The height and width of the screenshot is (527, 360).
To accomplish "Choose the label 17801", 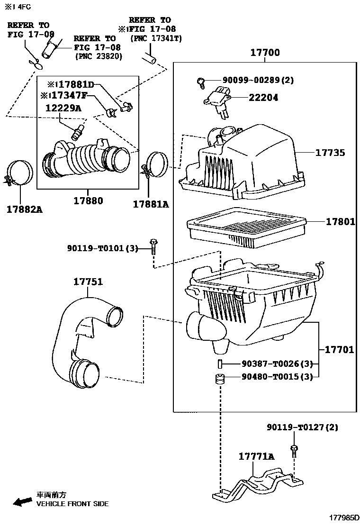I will tap(340, 221).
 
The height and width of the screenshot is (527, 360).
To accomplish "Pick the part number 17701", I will tap(339, 350).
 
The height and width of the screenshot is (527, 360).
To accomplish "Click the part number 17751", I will tap(88, 282).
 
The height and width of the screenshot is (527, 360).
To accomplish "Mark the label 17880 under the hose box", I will tap(88, 201).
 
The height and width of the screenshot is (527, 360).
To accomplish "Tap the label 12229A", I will tap(63, 108).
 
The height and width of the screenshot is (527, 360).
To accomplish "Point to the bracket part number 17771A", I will tap(256, 456).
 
